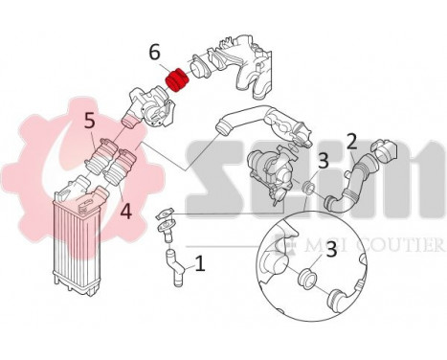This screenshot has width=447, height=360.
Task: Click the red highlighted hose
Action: [175, 77]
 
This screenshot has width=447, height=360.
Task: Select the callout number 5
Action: [89, 122]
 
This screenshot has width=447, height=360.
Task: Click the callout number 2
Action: [351, 142]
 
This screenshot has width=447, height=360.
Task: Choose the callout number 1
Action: [199, 261]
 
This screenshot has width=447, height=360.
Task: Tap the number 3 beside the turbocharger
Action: [324, 159]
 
